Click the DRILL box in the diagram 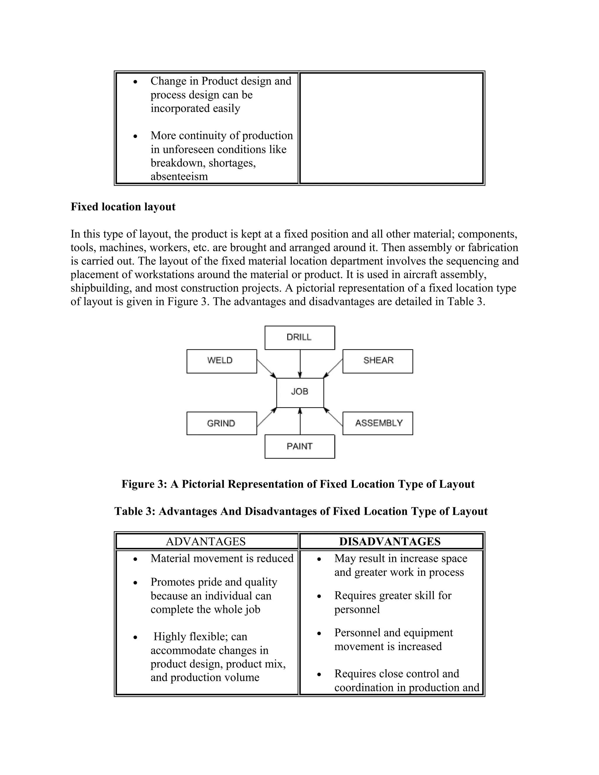(299, 337)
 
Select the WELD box (221, 361)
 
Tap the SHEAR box (378, 361)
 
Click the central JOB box (300, 392)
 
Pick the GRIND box (221, 423)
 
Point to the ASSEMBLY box (378, 423)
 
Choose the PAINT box (299, 446)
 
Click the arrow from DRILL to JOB (300, 364)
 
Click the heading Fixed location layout (123, 207)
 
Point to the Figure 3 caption (298, 484)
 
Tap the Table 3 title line (301, 511)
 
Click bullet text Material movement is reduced (222, 559)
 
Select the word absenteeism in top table (179, 176)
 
